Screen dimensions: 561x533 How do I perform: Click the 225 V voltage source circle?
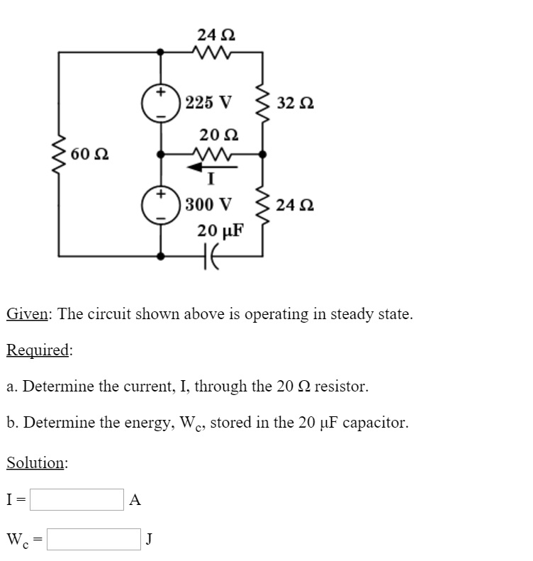pyautogui.click(x=162, y=102)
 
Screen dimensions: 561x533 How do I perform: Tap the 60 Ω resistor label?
pyautogui.click(x=89, y=153)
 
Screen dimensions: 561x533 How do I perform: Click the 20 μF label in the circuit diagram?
pyautogui.click(x=220, y=230)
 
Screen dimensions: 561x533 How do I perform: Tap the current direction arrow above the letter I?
pyautogui.click(x=211, y=167)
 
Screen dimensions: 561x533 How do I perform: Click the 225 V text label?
pyautogui.click(x=208, y=102)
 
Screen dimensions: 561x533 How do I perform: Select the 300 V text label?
pyautogui.click(x=208, y=206)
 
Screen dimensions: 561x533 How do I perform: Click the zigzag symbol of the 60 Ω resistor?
pyautogui.click(x=58, y=153)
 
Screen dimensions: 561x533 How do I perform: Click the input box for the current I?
pyautogui.click(x=77, y=499)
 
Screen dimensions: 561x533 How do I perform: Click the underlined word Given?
pyautogui.click(x=27, y=313)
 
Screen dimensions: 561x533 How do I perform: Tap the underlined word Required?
pyautogui.click(x=38, y=350)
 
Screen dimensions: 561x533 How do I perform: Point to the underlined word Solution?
pyautogui.click(x=36, y=462)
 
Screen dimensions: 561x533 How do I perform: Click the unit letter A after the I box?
pyautogui.click(x=135, y=499)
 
